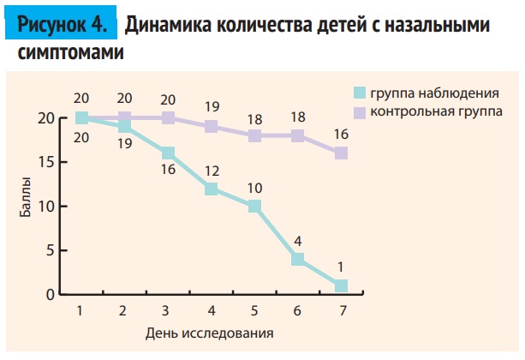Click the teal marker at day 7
click(341, 285)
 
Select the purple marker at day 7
click(341, 153)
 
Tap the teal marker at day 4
click(211, 189)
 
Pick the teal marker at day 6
click(298, 259)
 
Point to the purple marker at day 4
click(211, 127)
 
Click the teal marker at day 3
click(168, 153)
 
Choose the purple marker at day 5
click(254, 135)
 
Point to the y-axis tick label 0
click(51, 295)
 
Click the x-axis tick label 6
click(298, 310)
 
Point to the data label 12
click(211, 169)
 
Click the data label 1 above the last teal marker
click(341, 266)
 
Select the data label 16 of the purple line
click(341, 134)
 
